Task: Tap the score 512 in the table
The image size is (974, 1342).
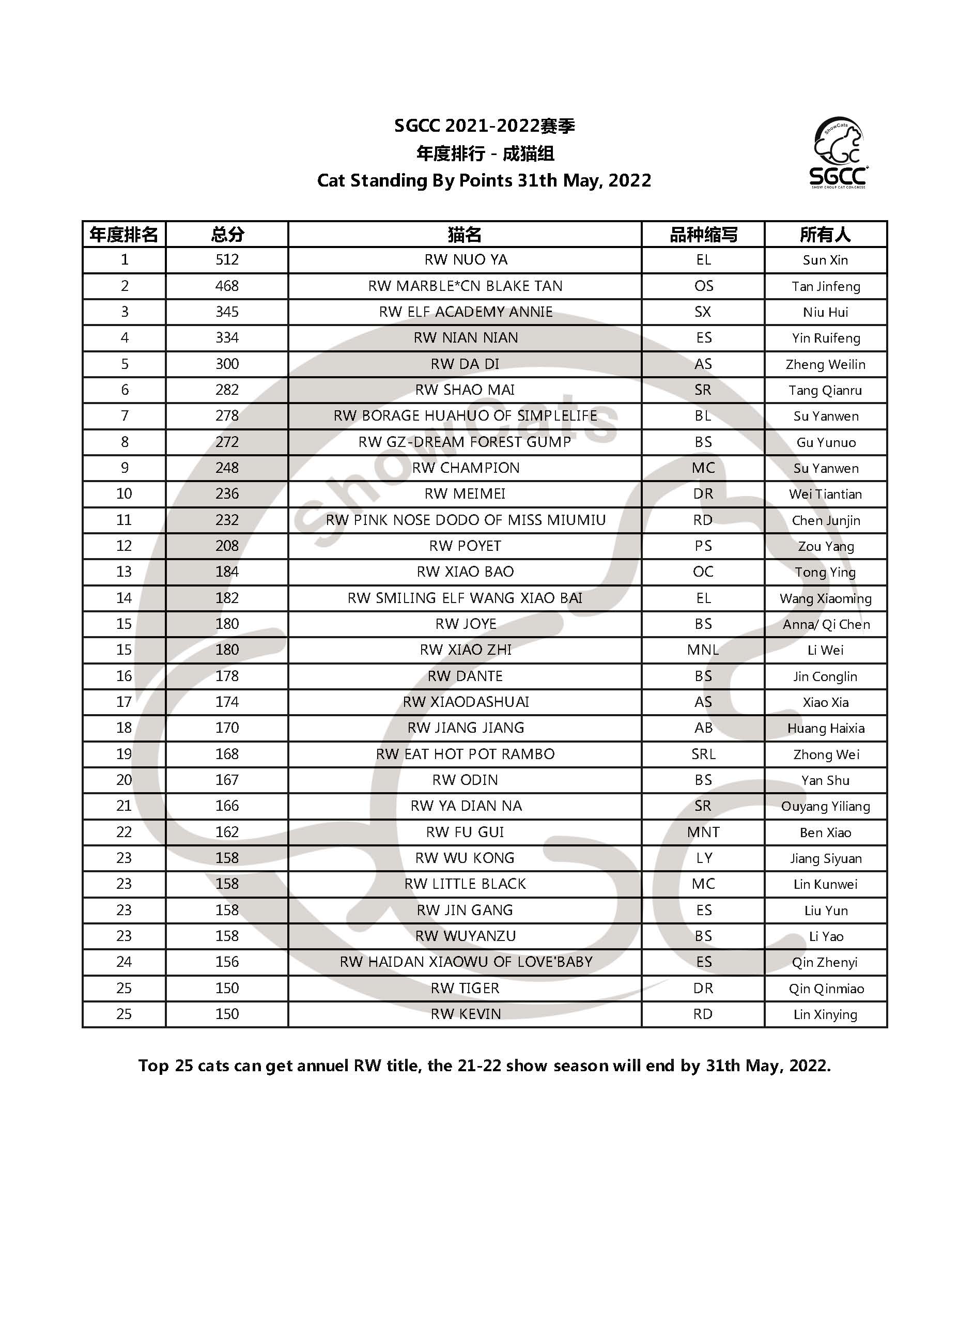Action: [x=227, y=260]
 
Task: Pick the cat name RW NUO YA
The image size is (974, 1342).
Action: [x=466, y=260]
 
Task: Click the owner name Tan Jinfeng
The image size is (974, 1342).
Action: [x=826, y=286]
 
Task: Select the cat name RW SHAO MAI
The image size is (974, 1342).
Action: [x=465, y=390]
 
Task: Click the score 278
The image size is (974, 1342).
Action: [x=227, y=416]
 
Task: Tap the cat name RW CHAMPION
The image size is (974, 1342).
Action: [x=466, y=468]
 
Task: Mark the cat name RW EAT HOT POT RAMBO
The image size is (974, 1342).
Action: [x=465, y=754]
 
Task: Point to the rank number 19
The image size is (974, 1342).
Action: [x=123, y=754]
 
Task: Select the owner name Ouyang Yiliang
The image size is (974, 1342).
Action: [x=826, y=807]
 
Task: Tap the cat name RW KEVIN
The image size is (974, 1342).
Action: [x=466, y=1014]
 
